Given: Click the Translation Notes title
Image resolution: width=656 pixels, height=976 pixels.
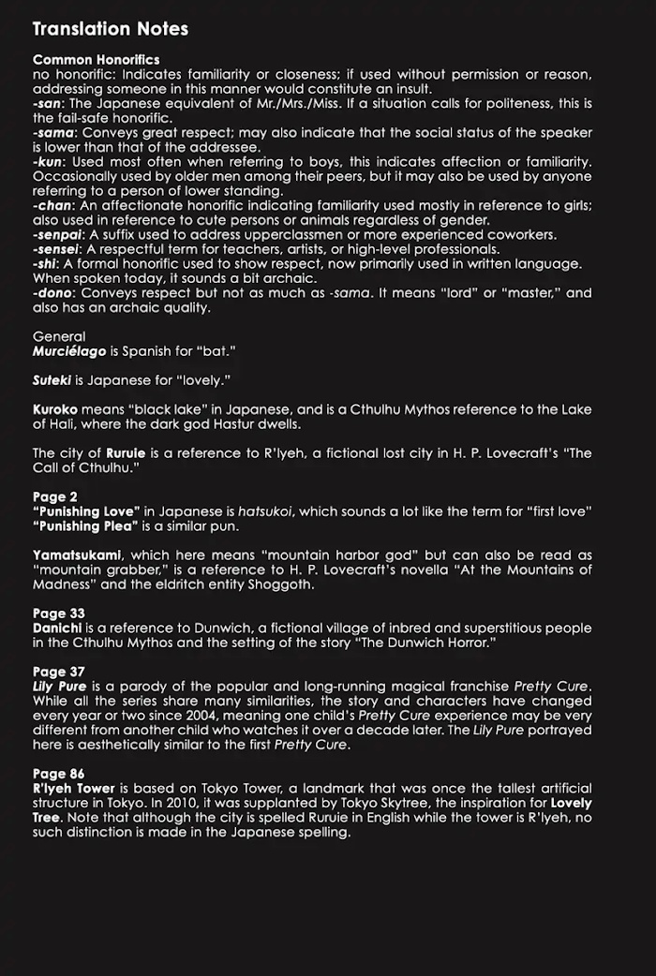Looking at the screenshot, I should coord(111,29).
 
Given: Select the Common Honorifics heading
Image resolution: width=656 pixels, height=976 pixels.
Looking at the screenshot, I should coord(96,60).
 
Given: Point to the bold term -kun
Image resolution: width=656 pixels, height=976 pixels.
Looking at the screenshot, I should coord(47,162).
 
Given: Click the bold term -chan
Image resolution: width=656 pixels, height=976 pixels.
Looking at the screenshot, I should coord(51,206).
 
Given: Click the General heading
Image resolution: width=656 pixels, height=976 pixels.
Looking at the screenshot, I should coord(58,336).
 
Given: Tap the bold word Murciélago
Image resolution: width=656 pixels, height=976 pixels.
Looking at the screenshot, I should coord(69,351).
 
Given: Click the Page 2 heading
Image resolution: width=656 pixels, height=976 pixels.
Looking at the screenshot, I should coord(55,496).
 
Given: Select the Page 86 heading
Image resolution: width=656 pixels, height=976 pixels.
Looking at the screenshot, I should coord(59,774).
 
